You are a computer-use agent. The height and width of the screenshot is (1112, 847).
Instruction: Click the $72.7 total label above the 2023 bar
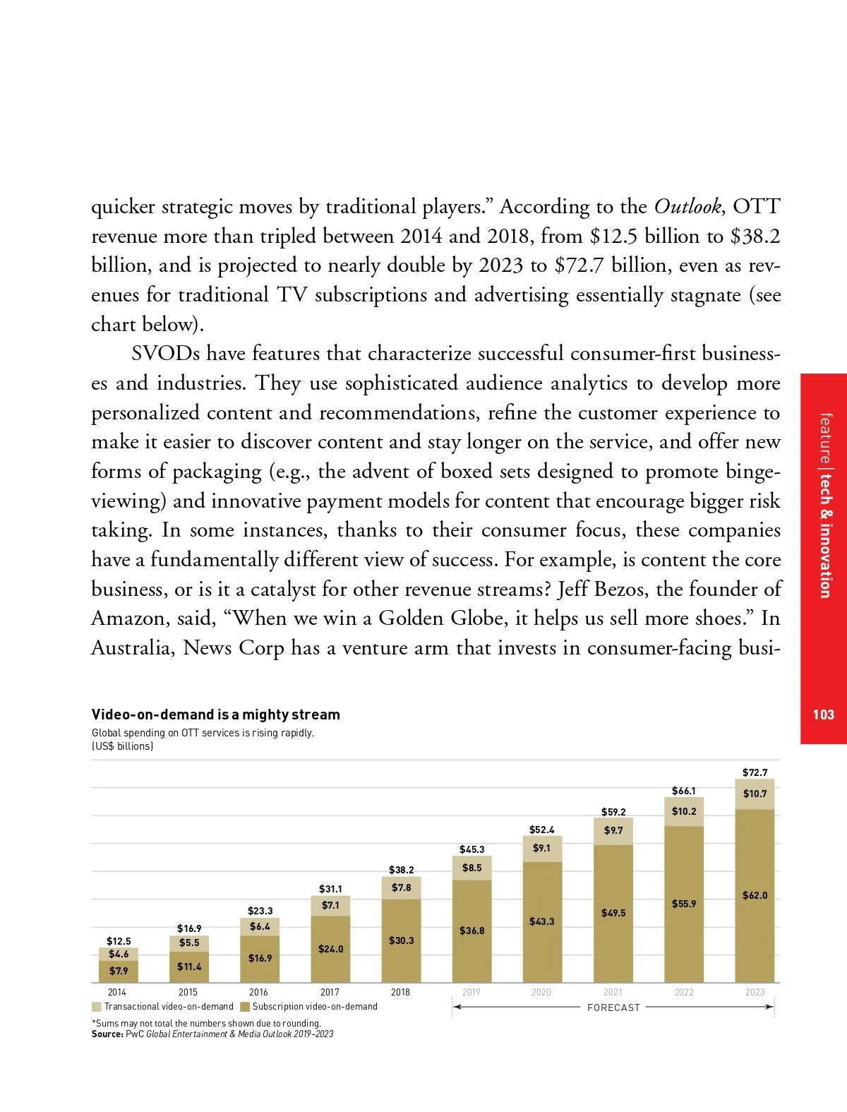click(755, 772)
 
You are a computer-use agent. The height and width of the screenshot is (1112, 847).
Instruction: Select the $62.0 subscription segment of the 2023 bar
click(755, 895)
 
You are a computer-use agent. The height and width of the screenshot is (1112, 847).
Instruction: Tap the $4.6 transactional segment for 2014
click(119, 954)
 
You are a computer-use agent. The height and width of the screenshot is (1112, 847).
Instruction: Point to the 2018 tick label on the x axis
click(400, 992)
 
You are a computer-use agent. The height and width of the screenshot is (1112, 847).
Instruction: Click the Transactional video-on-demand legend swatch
click(97, 1007)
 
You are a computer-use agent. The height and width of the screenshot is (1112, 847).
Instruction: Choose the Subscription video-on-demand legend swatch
click(245, 1007)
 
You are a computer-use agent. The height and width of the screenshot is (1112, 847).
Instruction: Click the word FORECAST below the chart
click(613, 1008)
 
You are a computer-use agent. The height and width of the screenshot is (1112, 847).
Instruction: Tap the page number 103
click(823, 715)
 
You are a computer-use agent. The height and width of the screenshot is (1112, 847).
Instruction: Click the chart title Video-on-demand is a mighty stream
click(215, 715)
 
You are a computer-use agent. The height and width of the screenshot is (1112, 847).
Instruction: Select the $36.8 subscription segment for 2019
click(471, 931)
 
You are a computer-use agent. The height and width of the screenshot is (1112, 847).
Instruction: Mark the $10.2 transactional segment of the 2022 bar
click(684, 811)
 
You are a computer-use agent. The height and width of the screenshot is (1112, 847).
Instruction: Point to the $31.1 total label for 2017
click(330, 889)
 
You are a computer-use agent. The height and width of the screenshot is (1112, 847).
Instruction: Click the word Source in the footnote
click(107, 1034)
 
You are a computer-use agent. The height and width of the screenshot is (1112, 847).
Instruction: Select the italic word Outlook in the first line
click(687, 206)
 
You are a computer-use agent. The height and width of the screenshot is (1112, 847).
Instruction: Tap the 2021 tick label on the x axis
click(613, 992)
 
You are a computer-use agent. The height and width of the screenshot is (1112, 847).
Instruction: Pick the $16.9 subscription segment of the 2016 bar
click(260, 958)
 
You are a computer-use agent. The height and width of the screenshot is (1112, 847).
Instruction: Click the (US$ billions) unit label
click(122, 746)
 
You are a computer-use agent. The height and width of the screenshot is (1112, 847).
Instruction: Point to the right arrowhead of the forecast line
click(770, 1007)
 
